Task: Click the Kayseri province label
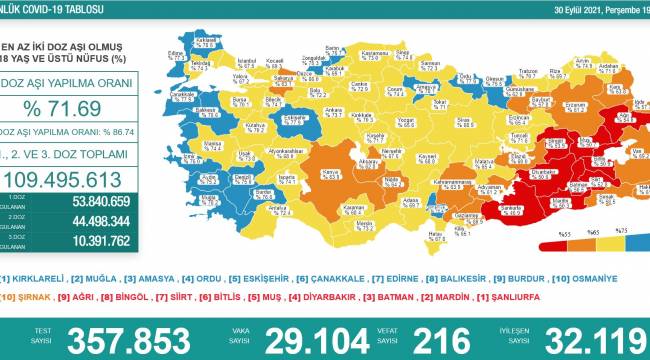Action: [x=399, y=156]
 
